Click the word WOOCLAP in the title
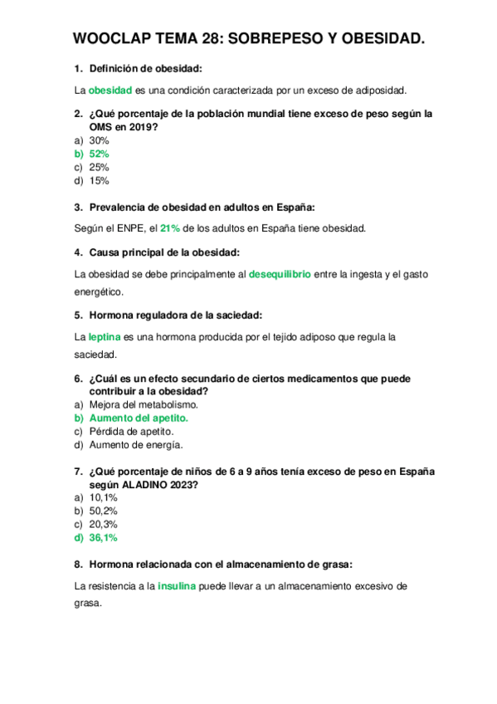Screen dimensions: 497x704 [x=110, y=38]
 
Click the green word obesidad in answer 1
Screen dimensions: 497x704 [x=110, y=90]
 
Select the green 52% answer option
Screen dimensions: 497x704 [x=99, y=154]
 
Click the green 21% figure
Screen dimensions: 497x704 [x=170, y=227]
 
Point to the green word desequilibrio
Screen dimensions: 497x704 [x=280, y=274]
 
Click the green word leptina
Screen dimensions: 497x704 [x=105, y=337]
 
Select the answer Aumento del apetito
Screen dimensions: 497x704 [x=139, y=418]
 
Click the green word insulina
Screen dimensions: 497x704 [x=177, y=586]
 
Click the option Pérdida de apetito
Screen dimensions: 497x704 [x=130, y=432]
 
